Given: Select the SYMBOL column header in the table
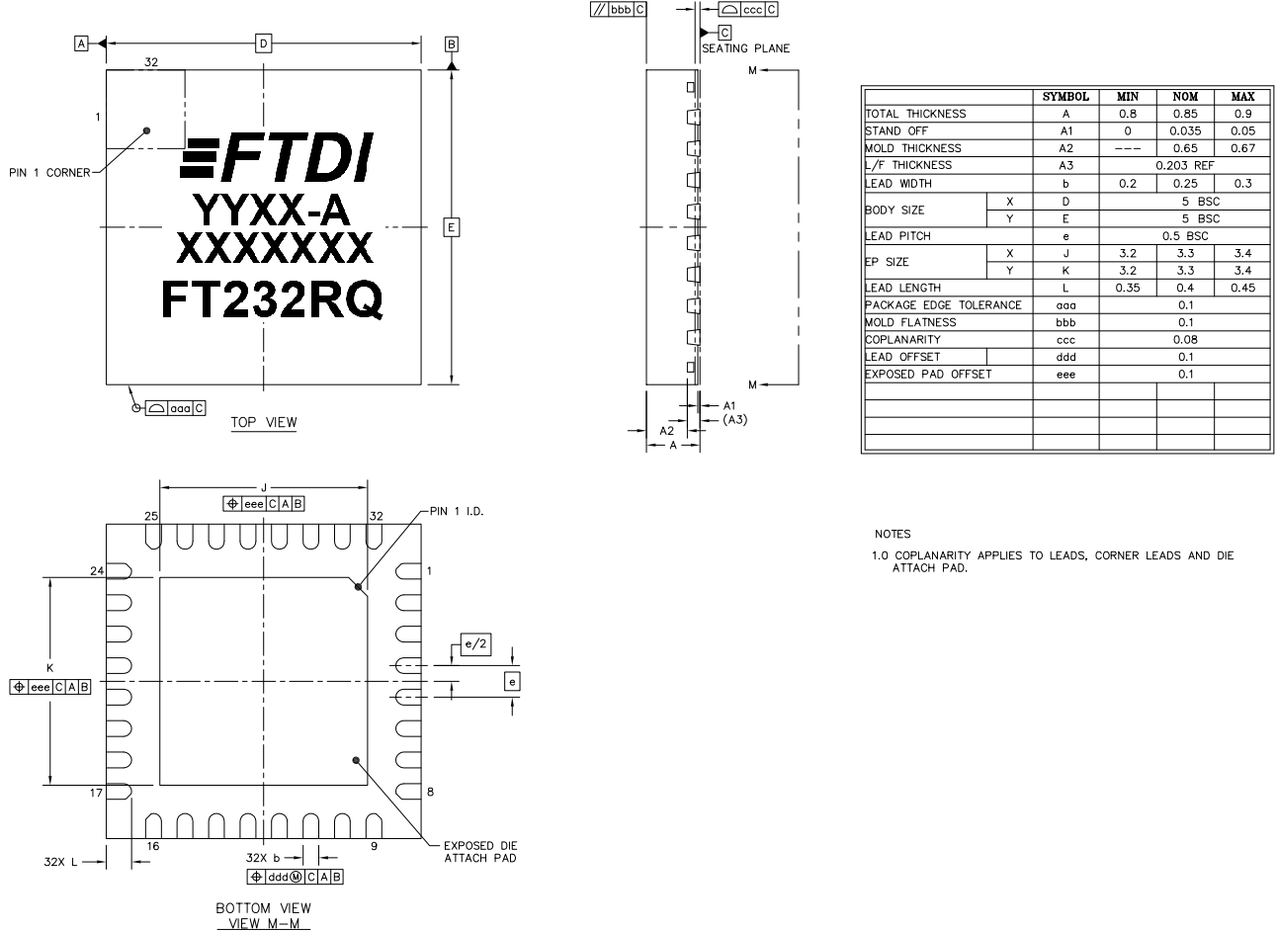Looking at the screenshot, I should tap(1065, 97).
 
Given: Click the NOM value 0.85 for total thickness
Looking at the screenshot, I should tap(1185, 114).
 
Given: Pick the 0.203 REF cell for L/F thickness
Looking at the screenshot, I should tap(1185, 165).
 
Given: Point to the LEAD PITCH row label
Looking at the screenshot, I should tap(897, 236).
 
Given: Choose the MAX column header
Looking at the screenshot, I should tap(1242, 97).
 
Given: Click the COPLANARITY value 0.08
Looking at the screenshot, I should tap(1185, 339).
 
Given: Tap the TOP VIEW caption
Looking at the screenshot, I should tap(264, 422).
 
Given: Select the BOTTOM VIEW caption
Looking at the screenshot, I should tap(263, 907).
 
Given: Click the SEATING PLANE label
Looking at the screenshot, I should tap(745, 48).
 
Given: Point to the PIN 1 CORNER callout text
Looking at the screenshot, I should tap(47, 173).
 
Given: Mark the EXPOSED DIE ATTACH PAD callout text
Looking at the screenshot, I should tap(479, 851).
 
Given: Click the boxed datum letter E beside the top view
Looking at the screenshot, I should tap(451, 227).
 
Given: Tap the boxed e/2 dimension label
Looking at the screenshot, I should tap(475, 645).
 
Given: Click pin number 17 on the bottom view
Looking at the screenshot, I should tap(96, 793).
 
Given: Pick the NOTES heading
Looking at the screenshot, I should tap(893, 534).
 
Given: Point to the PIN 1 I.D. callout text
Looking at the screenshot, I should tap(456, 512).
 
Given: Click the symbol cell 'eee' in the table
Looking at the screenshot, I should tap(1065, 374).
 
